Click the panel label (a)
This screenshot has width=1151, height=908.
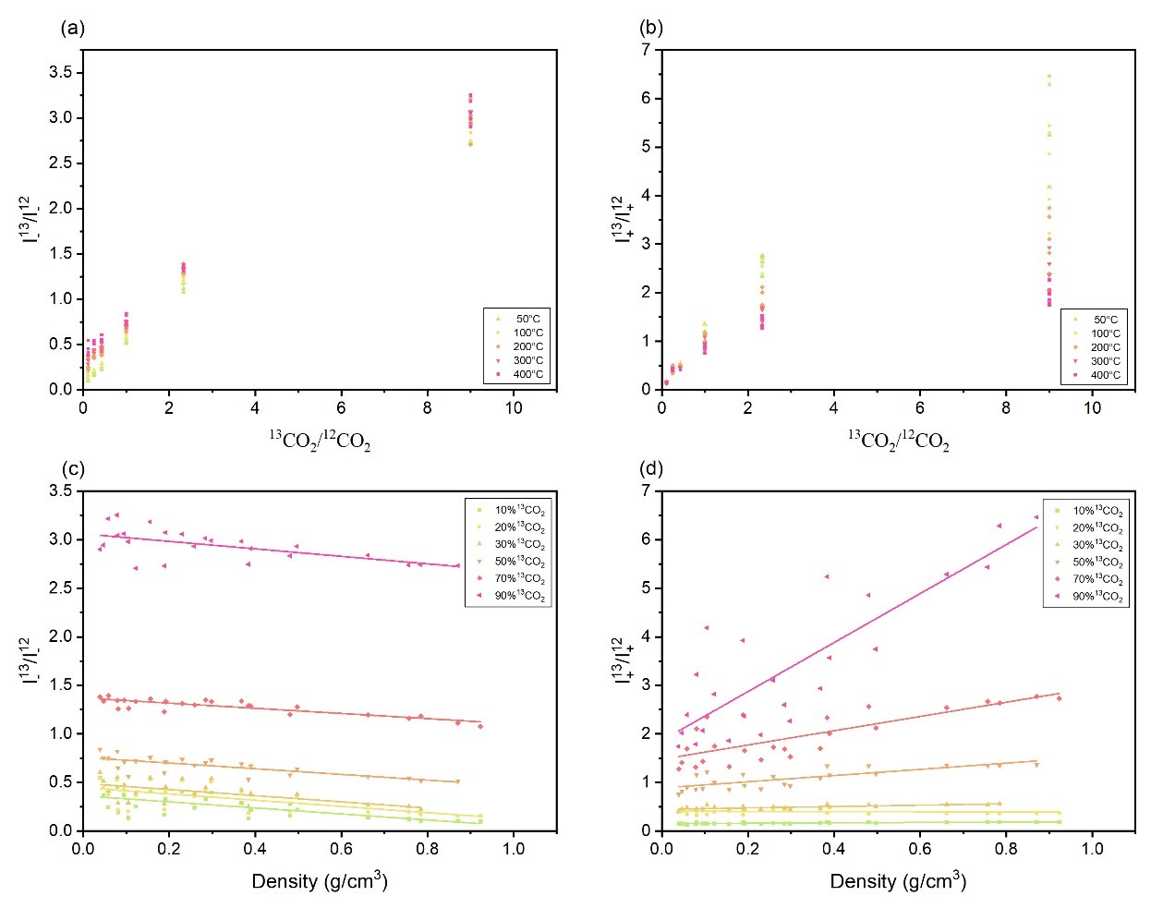[x=72, y=28]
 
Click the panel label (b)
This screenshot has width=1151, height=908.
[x=650, y=28]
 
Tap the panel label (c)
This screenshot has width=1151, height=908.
[x=72, y=468]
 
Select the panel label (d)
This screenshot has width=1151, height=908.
[x=650, y=468]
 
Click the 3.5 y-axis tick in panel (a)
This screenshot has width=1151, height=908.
[x=62, y=73]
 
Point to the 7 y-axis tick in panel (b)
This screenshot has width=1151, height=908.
[x=646, y=50]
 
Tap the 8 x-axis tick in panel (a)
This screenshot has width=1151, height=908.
[x=427, y=407]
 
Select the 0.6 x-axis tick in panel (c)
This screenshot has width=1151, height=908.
[x=341, y=849]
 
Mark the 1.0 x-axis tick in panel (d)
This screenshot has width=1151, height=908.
[x=1092, y=849]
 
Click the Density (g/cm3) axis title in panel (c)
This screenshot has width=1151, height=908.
[x=319, y=881]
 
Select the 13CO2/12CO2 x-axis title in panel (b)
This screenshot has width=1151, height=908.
[x=898, y=440]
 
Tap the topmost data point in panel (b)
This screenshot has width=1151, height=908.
[x=1048, y=76]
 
